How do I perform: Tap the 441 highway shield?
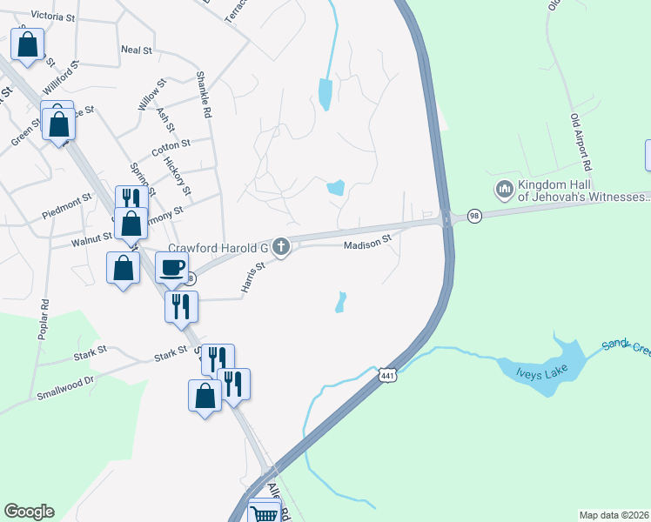pos(387,377)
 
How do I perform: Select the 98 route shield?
pos(474,216)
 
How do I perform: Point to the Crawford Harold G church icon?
pos(280,248)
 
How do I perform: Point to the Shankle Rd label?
pos(205,95)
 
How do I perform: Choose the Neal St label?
pos(137,50)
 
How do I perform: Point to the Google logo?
pos(29,512)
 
